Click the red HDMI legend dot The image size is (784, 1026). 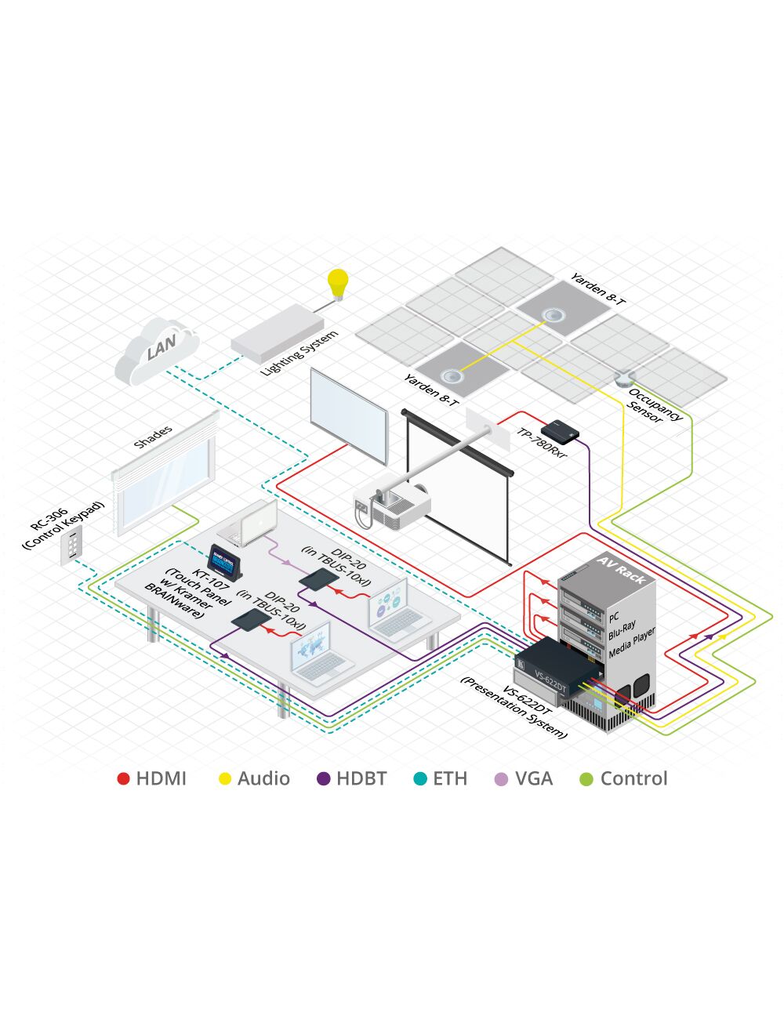[x=123, y=779]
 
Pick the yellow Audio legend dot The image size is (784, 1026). [x=225, y=779]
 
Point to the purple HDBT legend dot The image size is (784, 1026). [x=323, y=779]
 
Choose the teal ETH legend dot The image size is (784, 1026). [x=420, y=779]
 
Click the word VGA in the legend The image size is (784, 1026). [x=534, y=779]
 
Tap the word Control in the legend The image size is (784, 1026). [x=633, y=779]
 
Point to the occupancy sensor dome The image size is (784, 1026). [x=623, y=379]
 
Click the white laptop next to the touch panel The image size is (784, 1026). [x=251, y=523]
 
